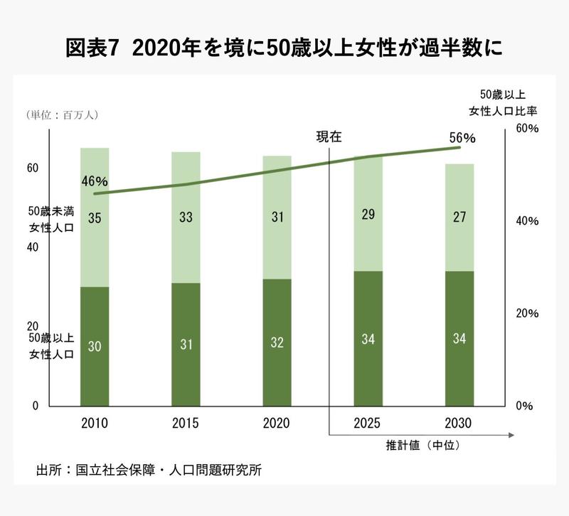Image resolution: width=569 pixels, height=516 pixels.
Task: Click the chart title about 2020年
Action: tap(284, 48)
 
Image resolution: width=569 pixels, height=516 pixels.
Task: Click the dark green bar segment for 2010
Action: tap(95, 346)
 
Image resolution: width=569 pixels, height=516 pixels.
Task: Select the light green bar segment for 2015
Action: tap(186, 217)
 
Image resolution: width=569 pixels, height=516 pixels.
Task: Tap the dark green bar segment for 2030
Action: tap(459, 338)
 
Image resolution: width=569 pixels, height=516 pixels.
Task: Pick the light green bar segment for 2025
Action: tap(368, 213)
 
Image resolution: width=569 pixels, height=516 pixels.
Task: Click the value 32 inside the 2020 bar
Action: tap(277, 342)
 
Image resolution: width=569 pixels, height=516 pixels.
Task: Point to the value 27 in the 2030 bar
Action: tap(459, 216)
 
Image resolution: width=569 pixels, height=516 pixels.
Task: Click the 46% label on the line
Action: tap(95, 181)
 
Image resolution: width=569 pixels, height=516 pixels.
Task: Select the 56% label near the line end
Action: tap(463, 137)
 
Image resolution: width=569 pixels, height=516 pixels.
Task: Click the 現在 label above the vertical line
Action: tap(329, 136)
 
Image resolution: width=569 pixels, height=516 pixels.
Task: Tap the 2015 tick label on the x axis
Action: tap(186, 424)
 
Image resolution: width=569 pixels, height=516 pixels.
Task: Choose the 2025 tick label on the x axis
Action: tap(368, 424)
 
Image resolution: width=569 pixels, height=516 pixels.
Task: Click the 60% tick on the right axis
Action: tap(528, 129)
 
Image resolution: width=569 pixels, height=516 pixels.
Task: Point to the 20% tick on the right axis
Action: tap(528, 313)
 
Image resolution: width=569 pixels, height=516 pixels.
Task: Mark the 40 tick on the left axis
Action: tap(32, 247)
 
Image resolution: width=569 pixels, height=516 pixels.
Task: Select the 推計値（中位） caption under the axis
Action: tap(420, 446)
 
